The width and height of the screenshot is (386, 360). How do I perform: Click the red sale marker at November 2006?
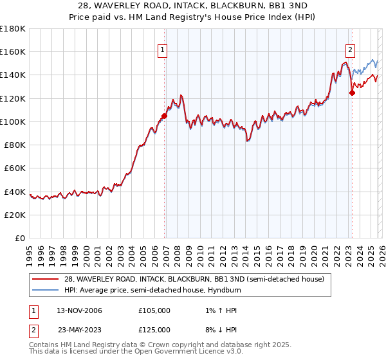pyautogui.click(x=164, y=116)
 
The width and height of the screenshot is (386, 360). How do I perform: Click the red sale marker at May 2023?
pyautogui.click(x=352, y=93)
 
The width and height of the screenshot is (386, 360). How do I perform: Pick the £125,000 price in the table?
pyautogui.click(x=154, y=329)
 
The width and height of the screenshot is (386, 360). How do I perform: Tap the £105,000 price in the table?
pyautogui.click(x=154, y=310)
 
